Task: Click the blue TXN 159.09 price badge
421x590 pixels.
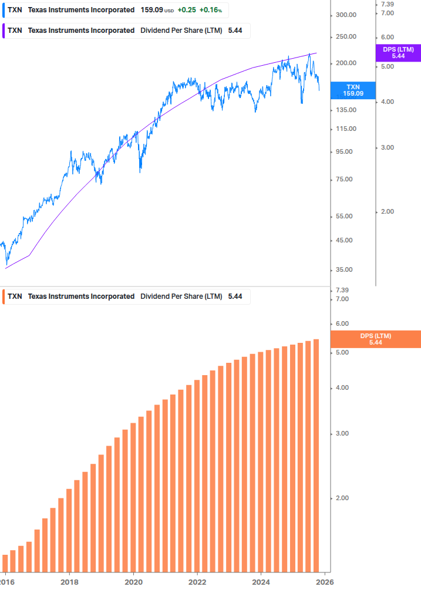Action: [353, 90]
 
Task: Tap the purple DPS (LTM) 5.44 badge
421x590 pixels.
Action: [398, 53]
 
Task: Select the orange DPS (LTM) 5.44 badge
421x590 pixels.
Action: [376, 339]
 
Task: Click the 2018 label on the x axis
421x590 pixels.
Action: [69, 581]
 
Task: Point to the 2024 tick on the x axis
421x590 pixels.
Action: [260, 581]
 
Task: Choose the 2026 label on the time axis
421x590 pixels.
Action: [324, 581]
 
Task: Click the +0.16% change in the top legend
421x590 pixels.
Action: [210, 11]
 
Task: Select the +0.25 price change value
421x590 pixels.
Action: [186, 11]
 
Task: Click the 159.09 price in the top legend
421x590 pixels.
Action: [151, 11]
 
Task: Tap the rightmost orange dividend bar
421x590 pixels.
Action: [316, 455]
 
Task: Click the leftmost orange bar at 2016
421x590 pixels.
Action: [5, 562]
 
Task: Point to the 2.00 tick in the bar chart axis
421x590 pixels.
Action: [342, 498]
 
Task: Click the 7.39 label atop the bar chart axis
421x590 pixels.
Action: [342, 291]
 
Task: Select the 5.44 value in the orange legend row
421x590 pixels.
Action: [235, 296]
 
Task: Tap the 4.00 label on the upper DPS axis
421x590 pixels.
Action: [387, 102]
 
